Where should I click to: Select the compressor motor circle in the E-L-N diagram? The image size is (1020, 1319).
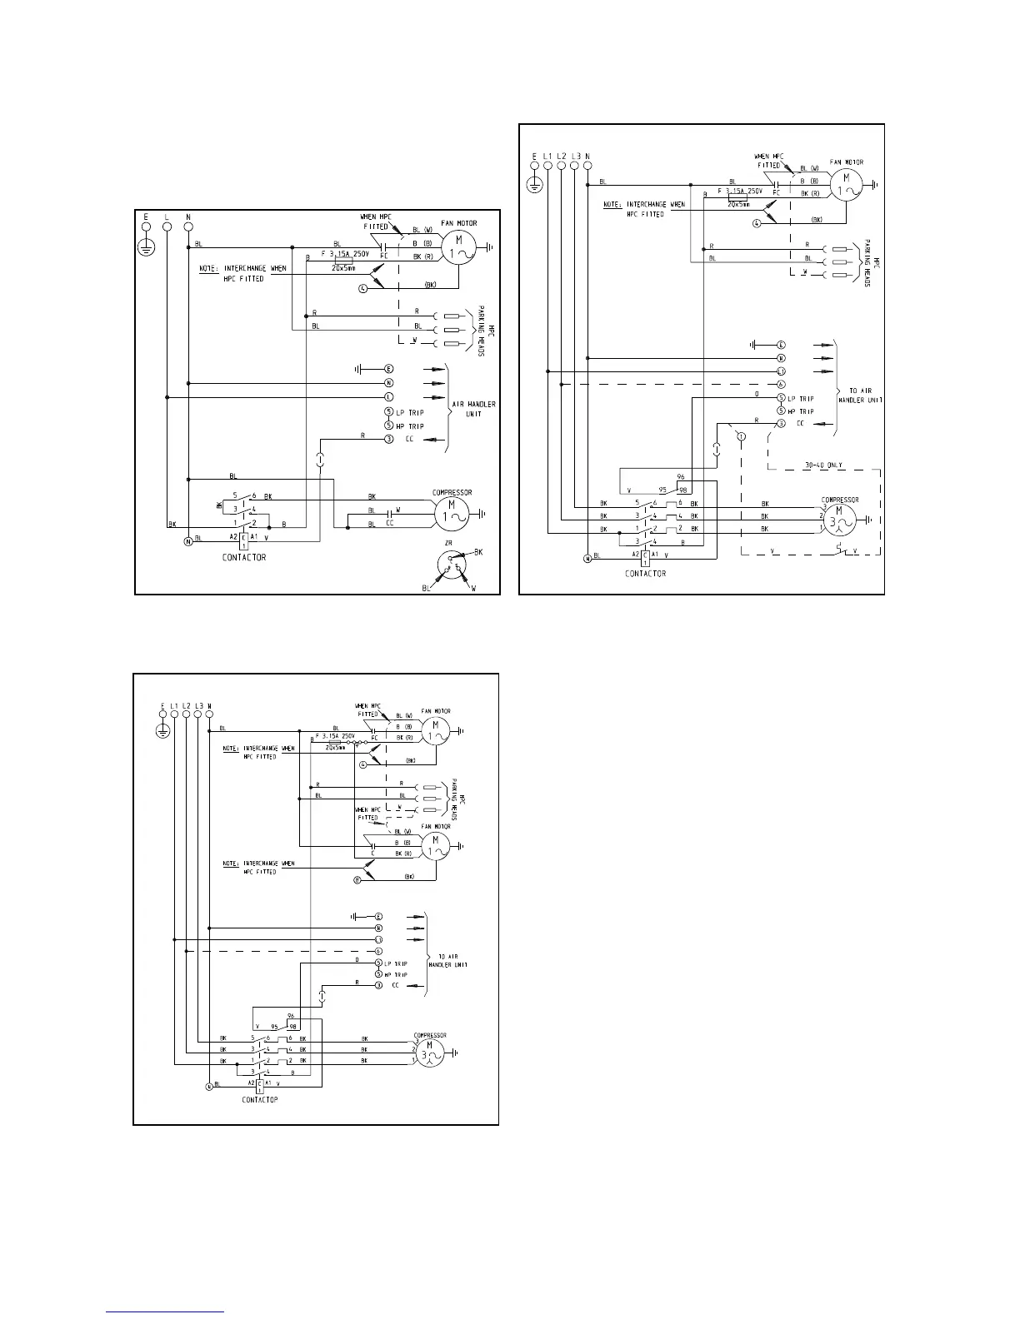(x=450, y=510)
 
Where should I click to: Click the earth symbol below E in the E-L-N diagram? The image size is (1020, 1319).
(x=146, y=246)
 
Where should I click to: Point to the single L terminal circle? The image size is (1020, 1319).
(x=167, y=225)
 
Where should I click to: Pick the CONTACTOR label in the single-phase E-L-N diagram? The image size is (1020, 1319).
(x=244, y=557)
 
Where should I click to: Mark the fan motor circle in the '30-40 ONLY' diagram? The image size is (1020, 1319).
(x=847, y=184)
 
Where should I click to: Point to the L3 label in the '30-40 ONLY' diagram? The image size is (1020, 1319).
(x=575, y=156)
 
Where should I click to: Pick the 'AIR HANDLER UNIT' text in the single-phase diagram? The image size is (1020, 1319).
(x=473, y=409)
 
